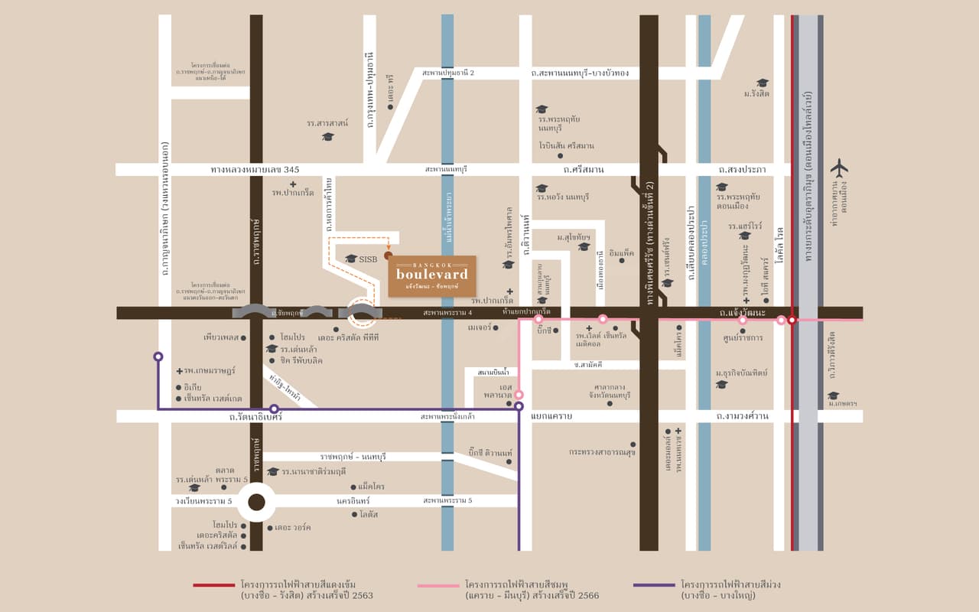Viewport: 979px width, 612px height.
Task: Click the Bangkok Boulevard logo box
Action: [x=431, y=276]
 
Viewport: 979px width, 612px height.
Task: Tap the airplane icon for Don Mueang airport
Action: [x=839, y=167]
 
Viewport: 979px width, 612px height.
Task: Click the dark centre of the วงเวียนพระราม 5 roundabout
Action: [x=256, y=502]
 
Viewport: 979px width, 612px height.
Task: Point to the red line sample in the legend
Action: [x=213, y=586]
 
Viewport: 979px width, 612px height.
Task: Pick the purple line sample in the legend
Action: [x=655, y=586]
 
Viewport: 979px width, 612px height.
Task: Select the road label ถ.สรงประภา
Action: [x=742, y=169]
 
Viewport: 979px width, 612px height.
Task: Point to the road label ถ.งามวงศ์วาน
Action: [x=742, y=416]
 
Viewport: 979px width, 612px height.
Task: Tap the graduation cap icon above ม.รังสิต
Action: [x=762, y=83]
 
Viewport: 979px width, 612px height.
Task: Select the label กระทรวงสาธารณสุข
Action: [x=601, y=452]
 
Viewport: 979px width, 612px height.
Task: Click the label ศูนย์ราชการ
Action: [x=743, y=337]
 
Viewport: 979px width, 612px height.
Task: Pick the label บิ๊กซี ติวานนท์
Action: [x=489, y=453]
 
